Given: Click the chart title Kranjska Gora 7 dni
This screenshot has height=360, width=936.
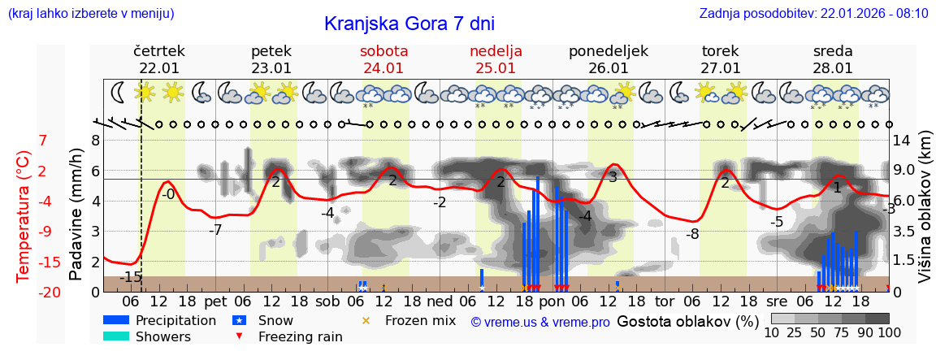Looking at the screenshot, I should click(409, 24).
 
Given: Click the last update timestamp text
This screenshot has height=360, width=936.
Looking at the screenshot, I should click(813, 14).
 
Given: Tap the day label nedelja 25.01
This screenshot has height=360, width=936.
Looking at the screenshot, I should click(496, 59).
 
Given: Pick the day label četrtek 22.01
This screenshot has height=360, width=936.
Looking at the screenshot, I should click(159, 59).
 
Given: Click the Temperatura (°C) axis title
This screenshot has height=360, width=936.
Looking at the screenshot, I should click(25, 215).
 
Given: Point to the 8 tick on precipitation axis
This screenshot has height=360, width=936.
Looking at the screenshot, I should click(95, 141).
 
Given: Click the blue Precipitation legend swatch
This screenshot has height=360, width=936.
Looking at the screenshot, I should click(115, 320).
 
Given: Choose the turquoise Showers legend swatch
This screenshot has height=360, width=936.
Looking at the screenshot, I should click(115, 336).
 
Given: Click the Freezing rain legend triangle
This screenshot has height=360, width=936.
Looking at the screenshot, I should click(238, 336).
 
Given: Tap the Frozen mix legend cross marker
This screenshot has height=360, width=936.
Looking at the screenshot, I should click(365, 320).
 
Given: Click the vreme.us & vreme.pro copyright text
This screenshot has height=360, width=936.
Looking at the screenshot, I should click(539, 322).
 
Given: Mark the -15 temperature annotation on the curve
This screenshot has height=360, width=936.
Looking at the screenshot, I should click(130, 277).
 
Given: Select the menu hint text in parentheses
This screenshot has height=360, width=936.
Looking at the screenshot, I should click(90, 14).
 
